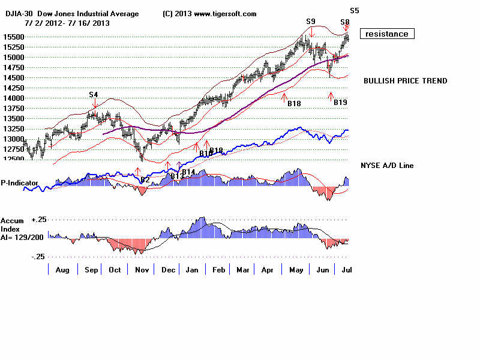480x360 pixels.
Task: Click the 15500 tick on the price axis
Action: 12,37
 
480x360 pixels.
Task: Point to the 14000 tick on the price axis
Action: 12,98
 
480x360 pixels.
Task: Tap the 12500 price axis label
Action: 12,159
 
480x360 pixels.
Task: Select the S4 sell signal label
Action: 94,94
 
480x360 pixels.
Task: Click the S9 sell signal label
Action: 310,22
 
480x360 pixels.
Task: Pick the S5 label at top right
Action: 355,10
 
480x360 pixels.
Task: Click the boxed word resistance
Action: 387,34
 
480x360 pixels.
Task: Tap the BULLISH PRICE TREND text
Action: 405,81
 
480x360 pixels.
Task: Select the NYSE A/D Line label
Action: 386,166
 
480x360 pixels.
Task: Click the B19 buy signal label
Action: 340,103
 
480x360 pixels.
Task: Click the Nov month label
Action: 142,270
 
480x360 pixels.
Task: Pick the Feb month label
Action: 218,270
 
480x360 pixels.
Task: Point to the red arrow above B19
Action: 330,95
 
